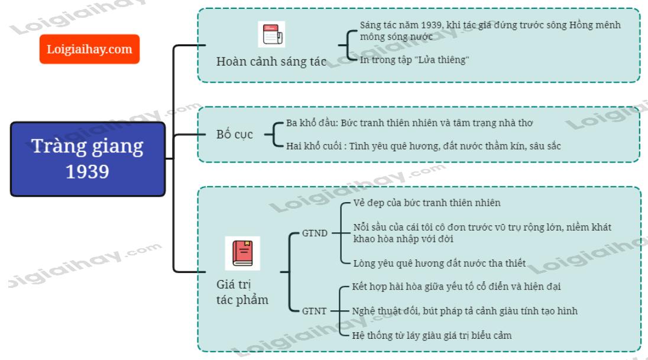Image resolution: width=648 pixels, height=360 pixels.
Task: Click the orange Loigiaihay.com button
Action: (x=89, y=49)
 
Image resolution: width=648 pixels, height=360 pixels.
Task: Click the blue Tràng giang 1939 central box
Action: (x=88, y=158)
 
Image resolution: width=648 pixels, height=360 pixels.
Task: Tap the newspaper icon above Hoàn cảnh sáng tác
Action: (x=271, y=34)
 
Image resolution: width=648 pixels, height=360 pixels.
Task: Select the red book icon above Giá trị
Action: (x=242, y=253)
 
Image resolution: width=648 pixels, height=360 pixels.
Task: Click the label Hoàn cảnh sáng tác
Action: (x=271, y=61)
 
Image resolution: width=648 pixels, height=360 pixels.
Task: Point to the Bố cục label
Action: (x=234, y=134)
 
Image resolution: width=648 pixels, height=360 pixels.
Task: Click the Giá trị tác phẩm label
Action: (x=242, y=292)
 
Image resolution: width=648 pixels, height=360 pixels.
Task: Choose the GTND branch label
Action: (x=315, y=233)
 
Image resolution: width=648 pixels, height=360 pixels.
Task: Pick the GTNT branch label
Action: (x=314, y=310)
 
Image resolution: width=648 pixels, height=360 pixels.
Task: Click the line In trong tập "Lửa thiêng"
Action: (x=414, y=60)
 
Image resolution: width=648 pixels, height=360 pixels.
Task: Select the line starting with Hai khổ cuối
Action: (x=423, y=145)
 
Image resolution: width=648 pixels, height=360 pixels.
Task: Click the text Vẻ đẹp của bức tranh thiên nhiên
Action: (x=426, y=203)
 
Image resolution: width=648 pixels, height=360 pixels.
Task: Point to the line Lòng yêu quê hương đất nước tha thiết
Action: (x=439, y=263)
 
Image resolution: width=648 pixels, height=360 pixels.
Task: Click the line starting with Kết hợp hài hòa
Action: (x=456, y=287)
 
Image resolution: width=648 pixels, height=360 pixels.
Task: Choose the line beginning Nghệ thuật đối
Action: (x=465, y=311)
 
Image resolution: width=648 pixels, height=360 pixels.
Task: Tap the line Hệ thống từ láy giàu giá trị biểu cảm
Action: (x=432, y=335)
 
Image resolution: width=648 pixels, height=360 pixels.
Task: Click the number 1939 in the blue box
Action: (x=88, y=171)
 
